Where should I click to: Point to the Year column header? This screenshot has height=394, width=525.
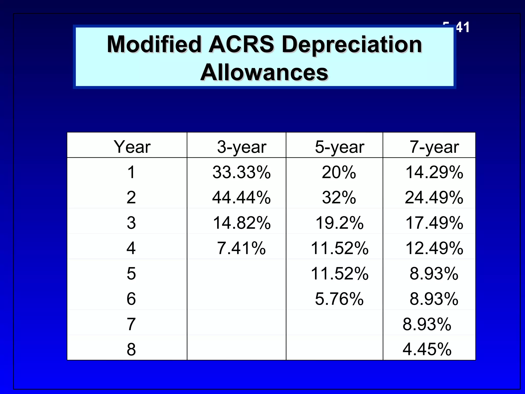point(132,147)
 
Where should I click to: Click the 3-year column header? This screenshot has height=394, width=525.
point(241,147)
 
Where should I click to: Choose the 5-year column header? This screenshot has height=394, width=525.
point(339,147)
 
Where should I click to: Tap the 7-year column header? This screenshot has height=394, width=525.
point(434,147)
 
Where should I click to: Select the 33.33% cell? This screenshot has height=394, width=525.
point(241,172)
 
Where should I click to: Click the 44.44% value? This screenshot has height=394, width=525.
point(241,198)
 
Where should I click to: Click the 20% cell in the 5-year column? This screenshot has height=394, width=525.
point(339,172)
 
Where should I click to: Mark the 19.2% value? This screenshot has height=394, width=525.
point(339,223)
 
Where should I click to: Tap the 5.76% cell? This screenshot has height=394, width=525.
point(339,299)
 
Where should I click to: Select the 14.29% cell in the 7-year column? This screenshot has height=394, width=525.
point(434,172)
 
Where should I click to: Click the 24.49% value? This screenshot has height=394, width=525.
point(434,198)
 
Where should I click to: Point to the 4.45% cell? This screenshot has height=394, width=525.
point(427,349)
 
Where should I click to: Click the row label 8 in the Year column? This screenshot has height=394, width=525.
point(131,349)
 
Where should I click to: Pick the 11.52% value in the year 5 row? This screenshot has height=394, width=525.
point(339,273)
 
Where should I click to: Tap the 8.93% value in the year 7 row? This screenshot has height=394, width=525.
point(427,324)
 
